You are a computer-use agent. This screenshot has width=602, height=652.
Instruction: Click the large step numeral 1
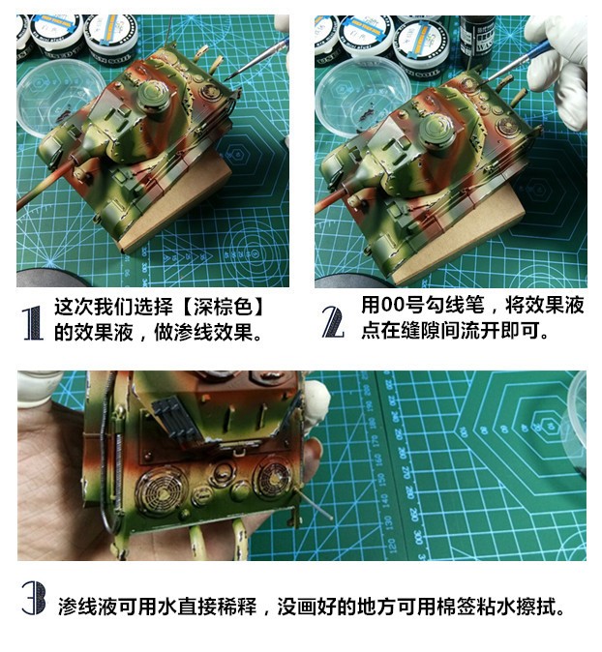pyautogui.click(x=33, y=323)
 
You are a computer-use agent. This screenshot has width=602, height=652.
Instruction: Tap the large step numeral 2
pyautogui.click(x=333, y=322)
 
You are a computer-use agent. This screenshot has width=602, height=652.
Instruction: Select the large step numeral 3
pyautogui.click(x=34, y=599)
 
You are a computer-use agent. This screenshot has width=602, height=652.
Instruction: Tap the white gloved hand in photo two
pyautogui.click(x=557, y=62)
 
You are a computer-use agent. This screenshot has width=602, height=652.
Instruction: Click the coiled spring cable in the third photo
pyautogui.click(x=119, y=470)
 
